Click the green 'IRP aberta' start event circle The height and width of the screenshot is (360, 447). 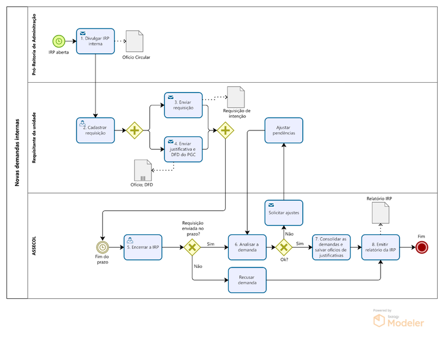pyautogui.click(x=58, y=41)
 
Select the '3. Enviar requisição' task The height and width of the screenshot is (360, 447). pyautogui.click(x=183, y=105)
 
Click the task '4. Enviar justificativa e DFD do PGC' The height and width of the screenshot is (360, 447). pyautogui.click(x=183, y=149)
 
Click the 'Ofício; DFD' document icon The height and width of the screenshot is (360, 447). pyautogui.click(x=143, y=170)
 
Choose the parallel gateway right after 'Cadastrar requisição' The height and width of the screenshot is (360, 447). pyautogui.click(x=135, y=130)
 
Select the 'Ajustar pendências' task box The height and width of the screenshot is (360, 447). pyautogui.click(x=283, y=130)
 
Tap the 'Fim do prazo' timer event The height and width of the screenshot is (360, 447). pyautogui.click(x=104, y=247)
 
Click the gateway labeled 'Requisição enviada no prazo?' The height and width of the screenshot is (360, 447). pyautogui.click(x=192, y=247)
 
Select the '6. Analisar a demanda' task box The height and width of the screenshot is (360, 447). pyautogui.click(x=247, y=247)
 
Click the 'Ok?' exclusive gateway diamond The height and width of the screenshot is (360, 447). pyautogui.click(x=283, y=247)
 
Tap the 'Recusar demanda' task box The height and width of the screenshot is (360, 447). pyautogui.click(x=247, y=280)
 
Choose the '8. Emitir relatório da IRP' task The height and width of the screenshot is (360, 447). pyautogui.click(x=381, y=247)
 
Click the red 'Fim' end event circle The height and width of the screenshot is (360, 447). pyautogui.click(x=421, y=247)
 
